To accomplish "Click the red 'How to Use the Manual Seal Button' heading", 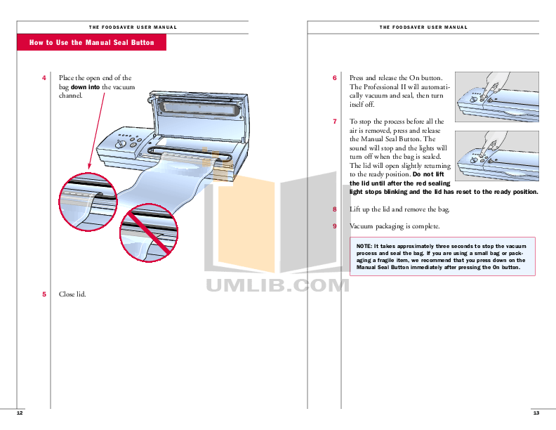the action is click(x=91, y=43).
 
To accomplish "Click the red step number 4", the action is click(x=44, y=78).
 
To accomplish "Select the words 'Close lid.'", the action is click(x=72, y=294).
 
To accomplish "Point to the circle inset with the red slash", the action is click(x=149, y=234).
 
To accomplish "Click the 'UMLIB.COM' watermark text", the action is click(x=277, y=285).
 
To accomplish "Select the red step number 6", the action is click(x=335, y=78).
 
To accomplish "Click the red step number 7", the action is click(x=335, y=122).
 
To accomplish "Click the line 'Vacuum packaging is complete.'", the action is click(x=395, y=226).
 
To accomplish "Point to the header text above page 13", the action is click(x=423, y=27).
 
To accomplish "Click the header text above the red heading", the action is click(x=133, y=27).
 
